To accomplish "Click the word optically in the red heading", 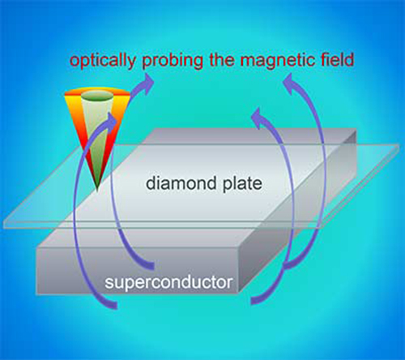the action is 103,61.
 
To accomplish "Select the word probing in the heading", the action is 173,61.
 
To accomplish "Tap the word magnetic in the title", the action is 277,61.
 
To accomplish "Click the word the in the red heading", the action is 221,60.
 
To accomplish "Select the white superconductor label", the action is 168,283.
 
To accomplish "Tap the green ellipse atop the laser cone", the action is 97,96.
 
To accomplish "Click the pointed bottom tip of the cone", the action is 97,190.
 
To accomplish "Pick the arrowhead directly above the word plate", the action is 258,116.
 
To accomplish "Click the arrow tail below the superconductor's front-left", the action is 111,304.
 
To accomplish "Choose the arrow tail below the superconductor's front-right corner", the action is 257,300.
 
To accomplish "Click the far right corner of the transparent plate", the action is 399,145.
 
